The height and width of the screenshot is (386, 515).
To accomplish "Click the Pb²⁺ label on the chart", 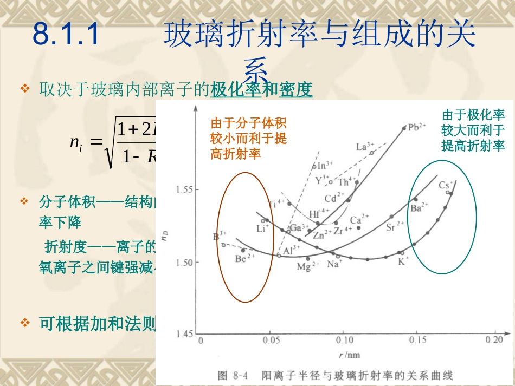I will click(417, 128).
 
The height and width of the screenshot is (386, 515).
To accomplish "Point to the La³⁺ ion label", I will click(365, 147).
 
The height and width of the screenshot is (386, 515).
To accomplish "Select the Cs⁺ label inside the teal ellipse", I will click(446, 184).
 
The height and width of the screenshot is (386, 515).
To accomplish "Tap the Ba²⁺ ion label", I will click(419, 207).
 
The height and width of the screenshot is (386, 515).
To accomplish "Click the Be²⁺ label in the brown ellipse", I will click(245, 259).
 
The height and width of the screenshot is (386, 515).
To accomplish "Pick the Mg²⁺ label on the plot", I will click(308, 266).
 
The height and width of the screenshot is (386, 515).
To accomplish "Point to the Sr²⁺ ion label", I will click(395, 226).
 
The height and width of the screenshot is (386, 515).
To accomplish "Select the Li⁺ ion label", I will click(263, 228).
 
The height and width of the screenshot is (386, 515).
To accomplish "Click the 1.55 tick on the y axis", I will click(185, 190).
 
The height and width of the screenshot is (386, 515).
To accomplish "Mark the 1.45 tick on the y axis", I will click(185, 335).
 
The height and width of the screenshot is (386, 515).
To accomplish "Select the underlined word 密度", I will click(296, 90).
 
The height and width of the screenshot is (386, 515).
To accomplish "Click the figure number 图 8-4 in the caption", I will click(233, 375).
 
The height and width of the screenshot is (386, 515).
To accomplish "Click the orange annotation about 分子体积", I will click(248, 138).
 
